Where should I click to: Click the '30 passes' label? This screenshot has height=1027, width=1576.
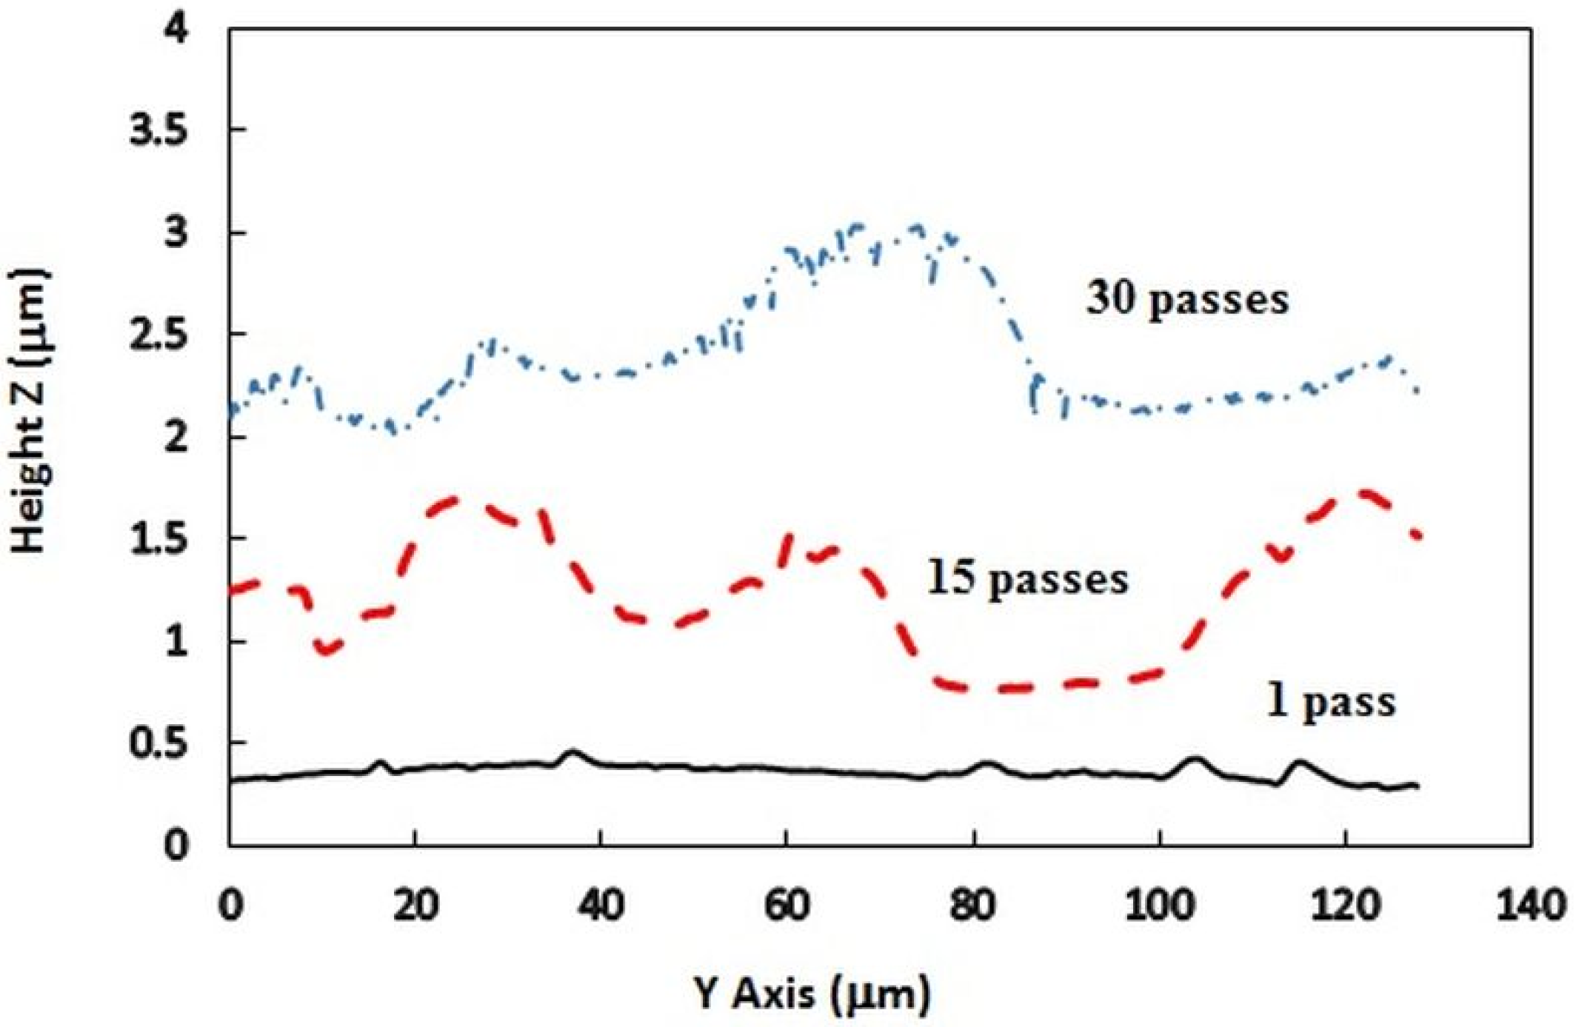(x=1187, y=301)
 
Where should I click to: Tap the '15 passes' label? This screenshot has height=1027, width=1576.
(x=1027, y=579)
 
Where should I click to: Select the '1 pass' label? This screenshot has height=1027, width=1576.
(x=1331, y=701)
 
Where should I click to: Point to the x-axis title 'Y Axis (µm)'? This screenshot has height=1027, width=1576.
(x=812, y=993)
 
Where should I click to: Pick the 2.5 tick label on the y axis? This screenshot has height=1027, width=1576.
(x=158, y=335)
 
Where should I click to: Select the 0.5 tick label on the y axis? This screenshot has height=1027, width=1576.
(x=158, y=743)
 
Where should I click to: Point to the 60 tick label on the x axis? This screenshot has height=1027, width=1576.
(x=787, y=905)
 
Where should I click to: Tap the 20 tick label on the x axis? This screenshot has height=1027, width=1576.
(x=415, y=905)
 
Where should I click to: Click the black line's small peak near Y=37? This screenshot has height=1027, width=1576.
(x=571, y=752)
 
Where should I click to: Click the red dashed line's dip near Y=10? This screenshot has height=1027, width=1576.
(x=327, y=652)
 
